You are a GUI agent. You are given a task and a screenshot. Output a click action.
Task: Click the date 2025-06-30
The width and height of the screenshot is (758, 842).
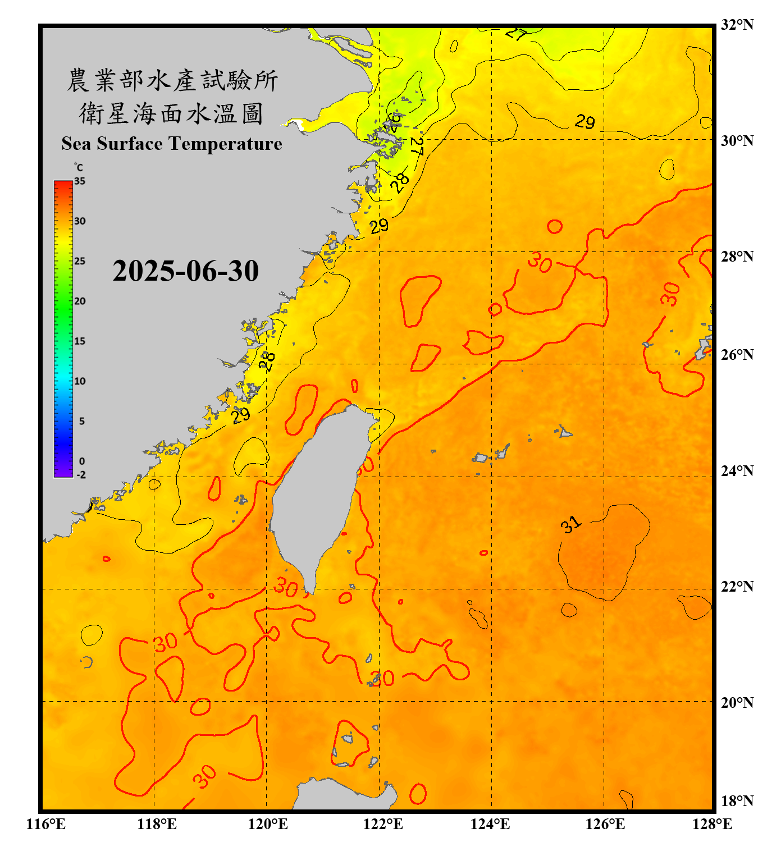click(185, 271)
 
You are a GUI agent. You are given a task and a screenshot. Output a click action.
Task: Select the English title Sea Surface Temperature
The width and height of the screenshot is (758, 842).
click(172, 144)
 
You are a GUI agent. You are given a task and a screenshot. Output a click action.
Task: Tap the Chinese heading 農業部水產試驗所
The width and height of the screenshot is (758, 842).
click(172, 80)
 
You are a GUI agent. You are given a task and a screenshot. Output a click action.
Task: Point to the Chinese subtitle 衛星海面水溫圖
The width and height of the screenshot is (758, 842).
click(172, 113)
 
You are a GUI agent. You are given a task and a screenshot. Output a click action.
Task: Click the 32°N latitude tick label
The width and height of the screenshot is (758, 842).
click(737, 25)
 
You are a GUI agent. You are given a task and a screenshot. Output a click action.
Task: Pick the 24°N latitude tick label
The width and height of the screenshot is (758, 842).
click(737, 471)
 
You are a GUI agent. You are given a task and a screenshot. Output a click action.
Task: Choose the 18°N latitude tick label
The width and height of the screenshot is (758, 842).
click(737, 801)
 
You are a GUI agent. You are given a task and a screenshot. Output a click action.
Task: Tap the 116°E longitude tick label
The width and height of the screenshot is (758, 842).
click(46, 824)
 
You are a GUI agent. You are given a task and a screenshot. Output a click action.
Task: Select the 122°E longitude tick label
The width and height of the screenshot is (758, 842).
click(383, 824)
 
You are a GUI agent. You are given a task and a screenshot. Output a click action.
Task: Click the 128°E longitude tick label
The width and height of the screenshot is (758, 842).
click(712, 824)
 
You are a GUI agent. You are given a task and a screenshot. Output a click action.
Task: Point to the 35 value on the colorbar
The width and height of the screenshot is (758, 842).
click(80, 181)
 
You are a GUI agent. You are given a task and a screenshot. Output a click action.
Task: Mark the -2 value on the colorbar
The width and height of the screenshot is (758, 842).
click(81, 475)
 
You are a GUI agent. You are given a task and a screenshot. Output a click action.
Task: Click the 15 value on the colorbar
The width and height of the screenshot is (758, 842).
click(80, 341)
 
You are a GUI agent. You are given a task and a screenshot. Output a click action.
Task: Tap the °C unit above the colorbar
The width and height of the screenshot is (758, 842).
click(79, 167)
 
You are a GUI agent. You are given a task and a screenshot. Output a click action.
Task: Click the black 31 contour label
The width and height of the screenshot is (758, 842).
click(570, 525)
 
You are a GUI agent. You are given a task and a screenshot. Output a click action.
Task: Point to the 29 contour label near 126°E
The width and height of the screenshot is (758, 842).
click(585, 121)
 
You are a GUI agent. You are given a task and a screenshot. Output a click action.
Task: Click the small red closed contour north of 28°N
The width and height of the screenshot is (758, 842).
click(555, 227)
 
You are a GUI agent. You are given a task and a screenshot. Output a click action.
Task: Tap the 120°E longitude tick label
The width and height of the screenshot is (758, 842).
click(268, 824)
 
